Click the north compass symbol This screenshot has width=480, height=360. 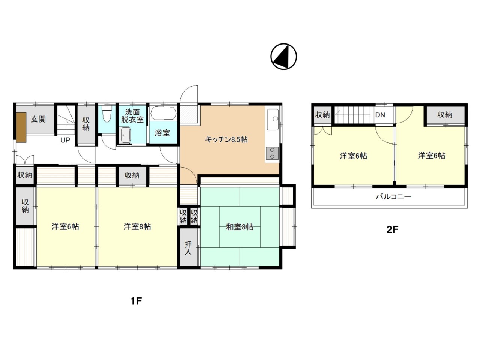(283, 56)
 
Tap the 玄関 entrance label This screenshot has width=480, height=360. (38, 119)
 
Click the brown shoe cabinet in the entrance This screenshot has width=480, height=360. (21, 127)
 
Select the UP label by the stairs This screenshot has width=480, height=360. (65, 140)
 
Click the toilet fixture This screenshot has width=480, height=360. (107, 114)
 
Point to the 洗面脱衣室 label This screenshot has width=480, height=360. (132, 116)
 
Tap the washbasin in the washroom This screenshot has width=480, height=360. (126, 135)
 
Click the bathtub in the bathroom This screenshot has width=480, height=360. (163, 113)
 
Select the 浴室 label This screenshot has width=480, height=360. (162, 133)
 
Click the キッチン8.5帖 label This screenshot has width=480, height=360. (226, 139)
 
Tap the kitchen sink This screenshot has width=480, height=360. (273, 119)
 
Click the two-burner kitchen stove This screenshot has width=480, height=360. (272, 153)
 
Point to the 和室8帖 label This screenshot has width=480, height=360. (240, 227)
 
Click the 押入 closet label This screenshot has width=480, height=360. (188, 248)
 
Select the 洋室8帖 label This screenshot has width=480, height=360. (137, 226)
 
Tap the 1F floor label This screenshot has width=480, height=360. (136, 301)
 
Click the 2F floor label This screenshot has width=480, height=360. (392, 229)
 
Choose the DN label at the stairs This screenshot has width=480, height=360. (380, 115)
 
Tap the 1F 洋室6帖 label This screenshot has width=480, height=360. (65, 226)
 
